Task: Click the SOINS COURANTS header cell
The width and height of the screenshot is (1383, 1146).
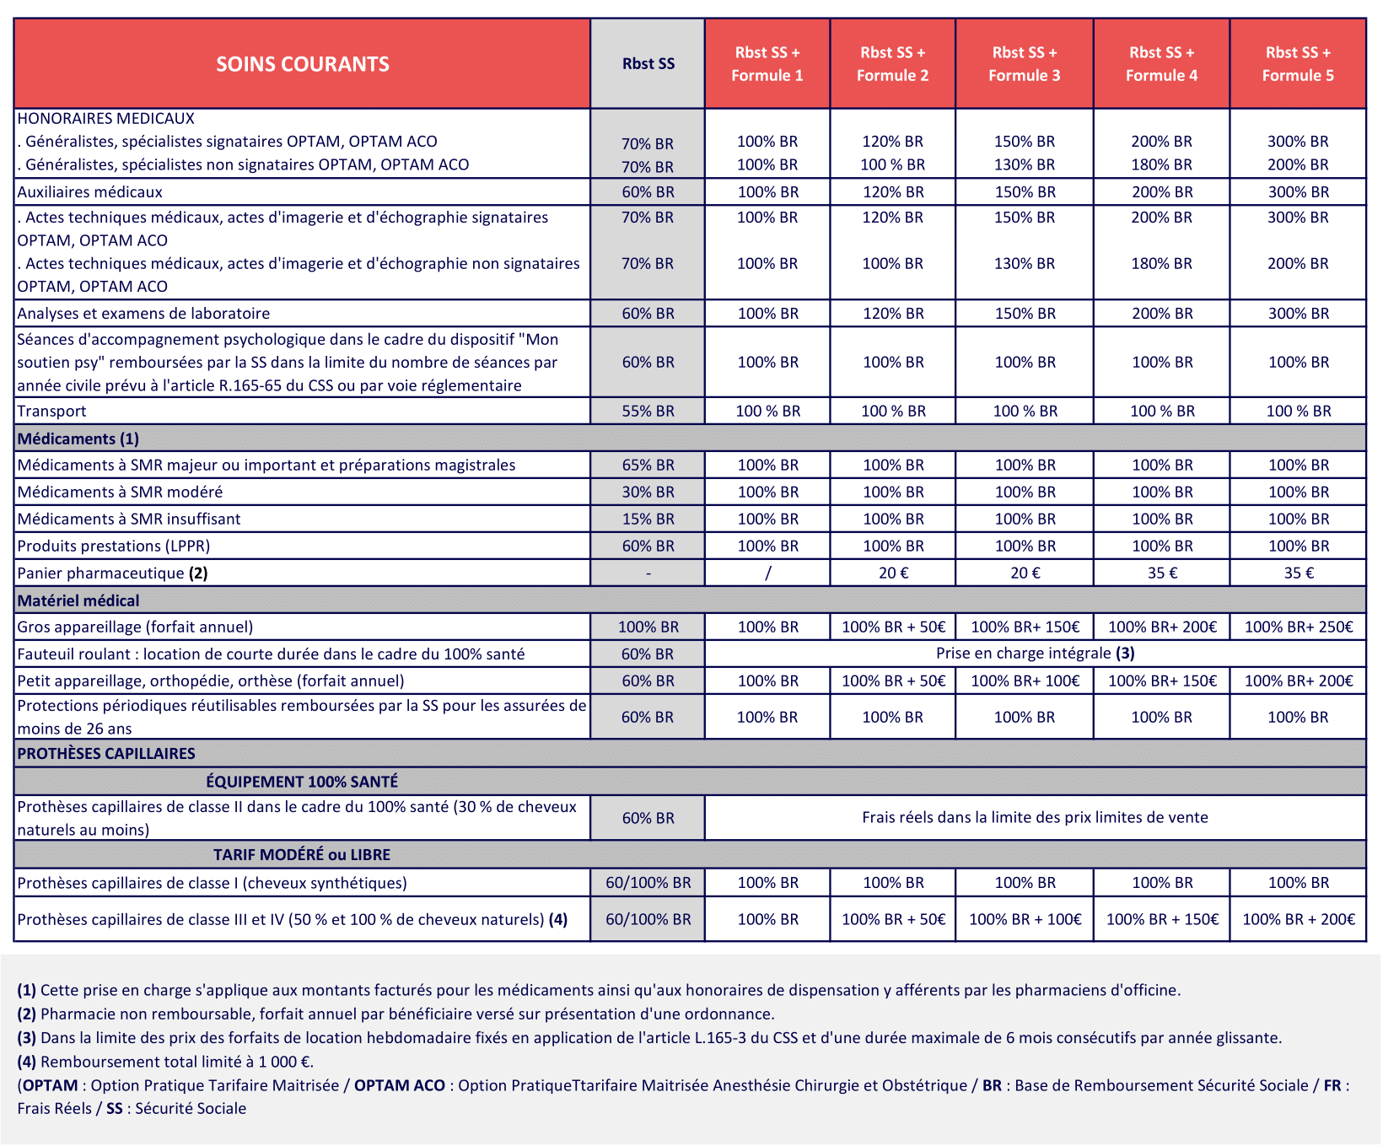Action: tap(302, 64)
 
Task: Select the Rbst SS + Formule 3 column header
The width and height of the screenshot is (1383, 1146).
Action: tap(1024, 64)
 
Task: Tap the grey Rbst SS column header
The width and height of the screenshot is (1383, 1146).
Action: tap(648, 64)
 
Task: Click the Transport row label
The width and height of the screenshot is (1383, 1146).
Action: tap(52, 412)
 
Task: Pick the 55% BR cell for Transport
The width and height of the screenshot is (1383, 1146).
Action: tap(648, 412)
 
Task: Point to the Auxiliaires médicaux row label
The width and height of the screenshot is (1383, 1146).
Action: tap(90, 192)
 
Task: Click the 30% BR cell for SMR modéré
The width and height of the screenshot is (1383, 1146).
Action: tap(648, 492)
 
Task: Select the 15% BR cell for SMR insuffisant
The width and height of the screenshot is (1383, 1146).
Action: tap(648, 519)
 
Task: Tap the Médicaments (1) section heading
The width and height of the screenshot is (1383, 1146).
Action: tap(78, 438)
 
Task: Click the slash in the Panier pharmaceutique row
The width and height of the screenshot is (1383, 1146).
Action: tap(767, 573)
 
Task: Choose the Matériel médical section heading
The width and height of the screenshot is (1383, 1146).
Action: tap(78, 600)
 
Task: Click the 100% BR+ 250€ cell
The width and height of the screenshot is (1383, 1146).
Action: tap(1298, 627)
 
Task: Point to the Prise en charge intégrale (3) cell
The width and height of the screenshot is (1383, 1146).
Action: tap(1035, 654)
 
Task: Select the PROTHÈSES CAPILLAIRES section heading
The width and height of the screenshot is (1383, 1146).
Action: tap(106, 754)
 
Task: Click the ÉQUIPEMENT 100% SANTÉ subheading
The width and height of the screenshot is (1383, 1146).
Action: tap(302, 782)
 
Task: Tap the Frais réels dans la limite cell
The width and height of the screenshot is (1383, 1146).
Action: tap(1035, 817)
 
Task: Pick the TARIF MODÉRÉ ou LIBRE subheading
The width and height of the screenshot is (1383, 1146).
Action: tap(302, 855)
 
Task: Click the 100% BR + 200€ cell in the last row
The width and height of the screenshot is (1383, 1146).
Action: tap(1298, 919)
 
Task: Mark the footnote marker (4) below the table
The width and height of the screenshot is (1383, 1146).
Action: tap(26, 1062)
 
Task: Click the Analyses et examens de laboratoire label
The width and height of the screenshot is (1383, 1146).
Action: tap(144, 314)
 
